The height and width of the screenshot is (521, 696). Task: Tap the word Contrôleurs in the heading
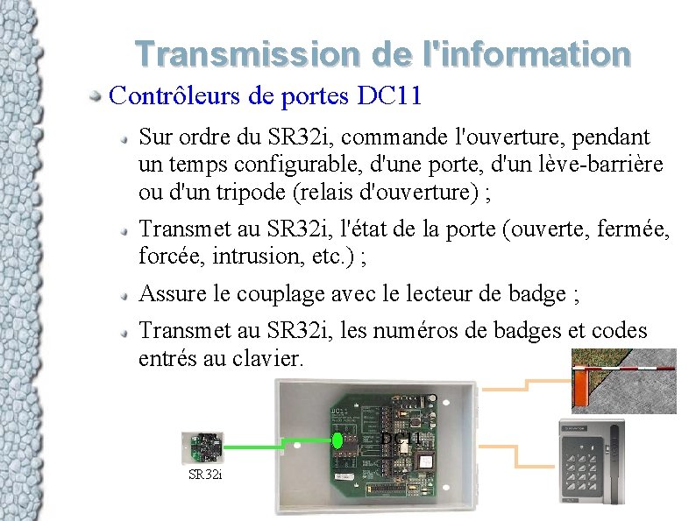click(x=174, y=95)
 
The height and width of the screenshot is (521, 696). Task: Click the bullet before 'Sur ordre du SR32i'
click(x=128, y=137)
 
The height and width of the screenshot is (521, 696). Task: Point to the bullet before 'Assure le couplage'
click(x=128, y=293)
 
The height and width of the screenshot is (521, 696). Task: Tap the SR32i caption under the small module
click(x=206, y=475)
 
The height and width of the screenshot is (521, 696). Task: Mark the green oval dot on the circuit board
click(x=337, y=440)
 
